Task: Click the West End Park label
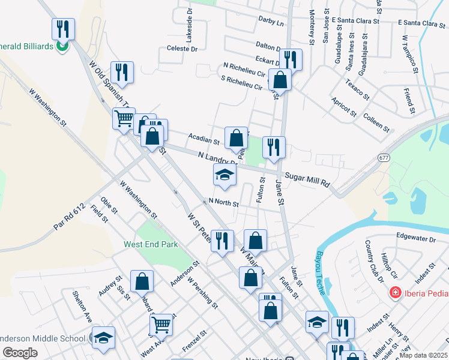(151, 244)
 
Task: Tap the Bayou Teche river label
(319, 272)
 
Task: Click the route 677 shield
(384, 157)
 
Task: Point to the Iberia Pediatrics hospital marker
(396, 293)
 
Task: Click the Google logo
(20, 353)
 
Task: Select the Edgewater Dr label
(415, 238)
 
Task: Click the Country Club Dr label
(374, 261)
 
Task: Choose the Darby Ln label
(271, 22)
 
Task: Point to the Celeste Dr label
(182, 48)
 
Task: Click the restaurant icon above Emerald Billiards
(62, 28)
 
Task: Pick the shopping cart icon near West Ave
(161, 325)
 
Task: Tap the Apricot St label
(344, 106)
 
